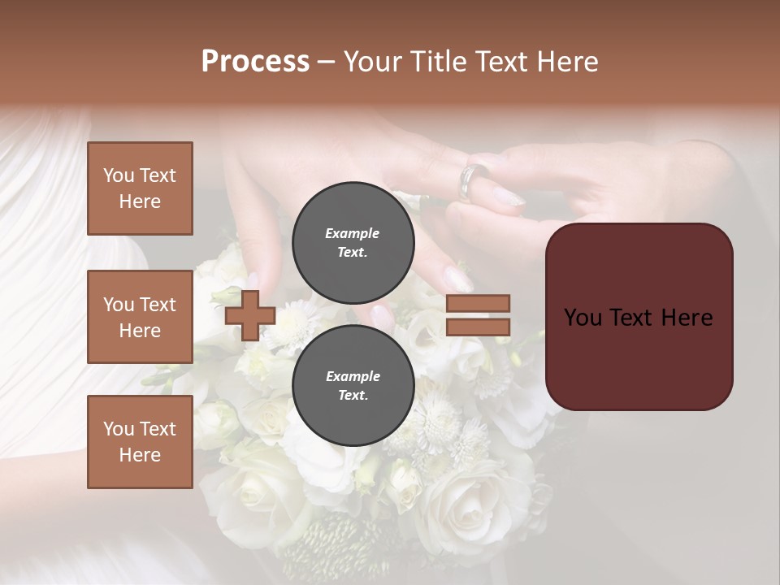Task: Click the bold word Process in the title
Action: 255,62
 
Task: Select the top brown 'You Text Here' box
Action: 140,188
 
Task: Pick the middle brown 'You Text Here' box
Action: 140,317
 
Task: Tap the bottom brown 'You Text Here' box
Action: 140,442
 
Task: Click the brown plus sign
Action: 250,315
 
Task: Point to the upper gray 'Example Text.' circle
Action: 353,243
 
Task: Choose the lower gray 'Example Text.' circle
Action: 353,386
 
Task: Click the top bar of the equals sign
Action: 479,303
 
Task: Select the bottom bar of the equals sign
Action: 479,327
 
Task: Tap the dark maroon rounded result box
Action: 639,317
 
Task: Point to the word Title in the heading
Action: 439,62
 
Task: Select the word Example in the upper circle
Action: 353,233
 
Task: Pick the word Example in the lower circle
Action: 353,376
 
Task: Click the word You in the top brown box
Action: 119,175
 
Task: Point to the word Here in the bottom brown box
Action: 140,455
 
